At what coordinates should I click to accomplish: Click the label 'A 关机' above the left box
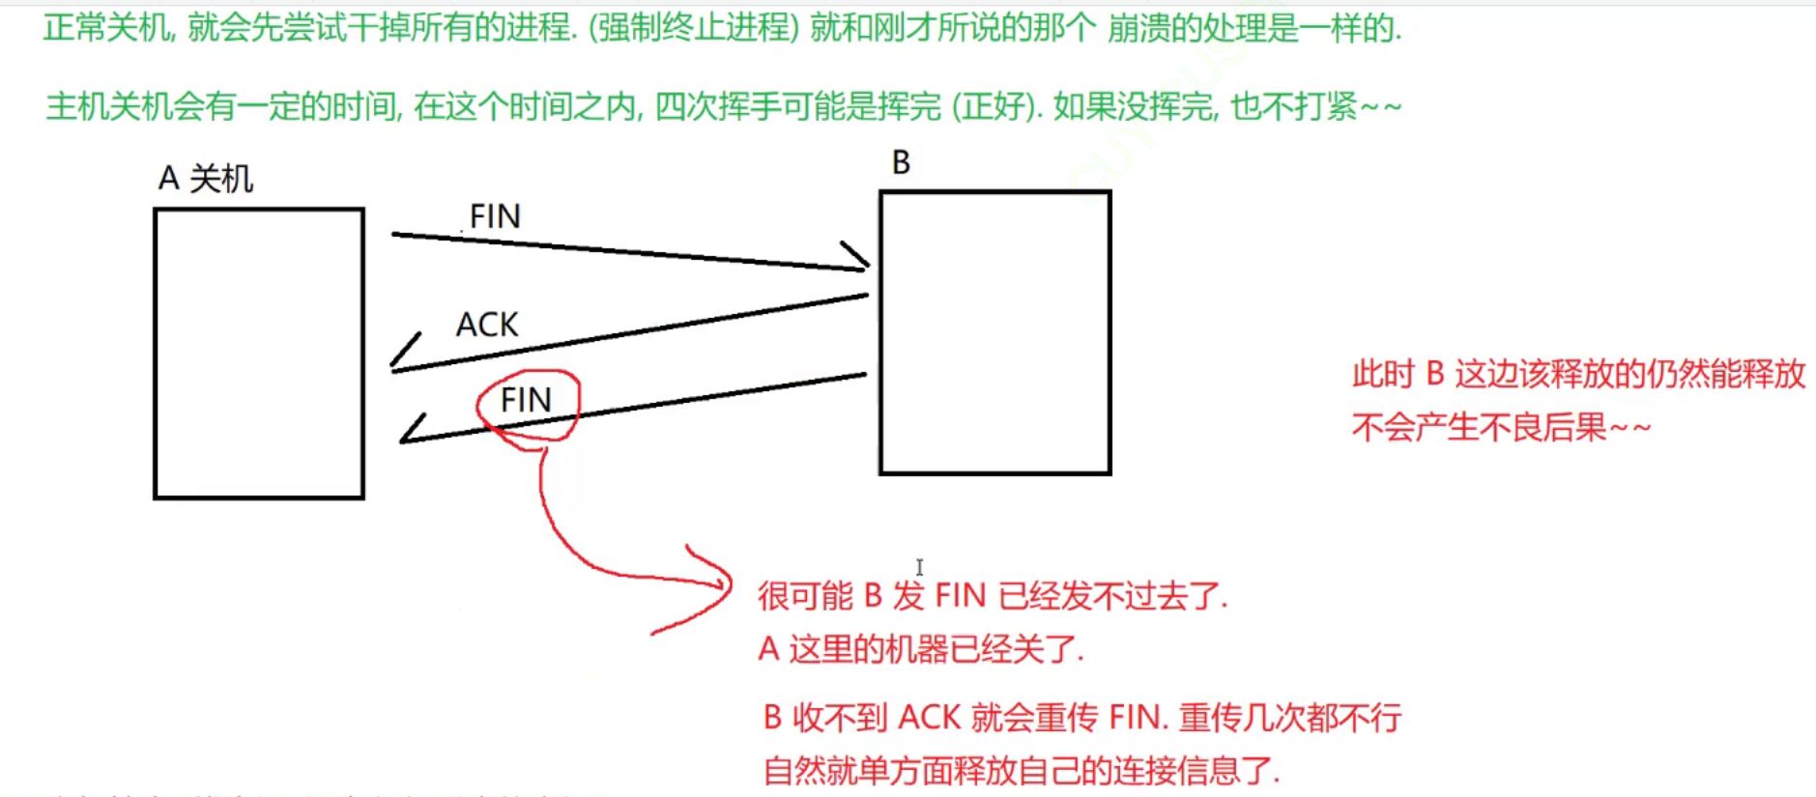click(x=205, y=179)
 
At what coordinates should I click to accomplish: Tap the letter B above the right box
click(x=901, y=162)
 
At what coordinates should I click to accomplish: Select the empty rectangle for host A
click(x=259, y=354)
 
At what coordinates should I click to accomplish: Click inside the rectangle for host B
click(x=994, y=332)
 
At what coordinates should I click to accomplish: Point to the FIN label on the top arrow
click(x=495, y=216)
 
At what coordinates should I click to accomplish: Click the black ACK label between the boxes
click(x=487, y=325)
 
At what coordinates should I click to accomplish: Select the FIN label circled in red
click(x=526, y=400)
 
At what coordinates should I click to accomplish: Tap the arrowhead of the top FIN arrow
click(x=857, y=258)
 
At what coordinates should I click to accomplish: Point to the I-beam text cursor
click(x=919, y=567)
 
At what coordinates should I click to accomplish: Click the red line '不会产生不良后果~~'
click(x=1501, y=427)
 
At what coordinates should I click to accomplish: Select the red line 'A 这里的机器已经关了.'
click(x=921, y=649)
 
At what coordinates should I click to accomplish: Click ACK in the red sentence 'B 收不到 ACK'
click(x=929, y=718)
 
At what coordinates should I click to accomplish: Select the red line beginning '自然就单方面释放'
click(x=1022, y=771)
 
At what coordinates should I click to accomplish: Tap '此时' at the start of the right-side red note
click(x=1383, y=374)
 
